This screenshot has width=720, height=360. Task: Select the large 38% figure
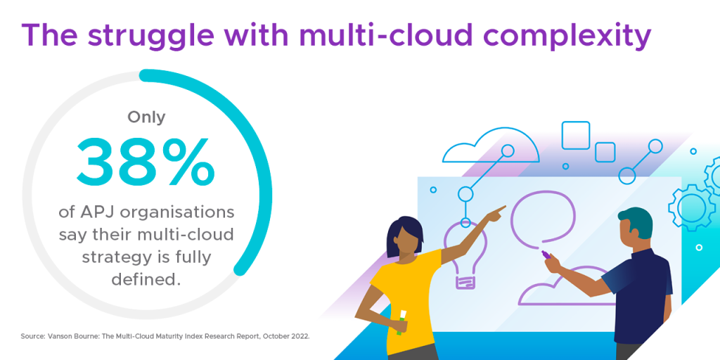[145, 161]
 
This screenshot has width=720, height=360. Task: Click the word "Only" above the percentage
[146, 117]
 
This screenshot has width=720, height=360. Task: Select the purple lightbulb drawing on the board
[465, 254]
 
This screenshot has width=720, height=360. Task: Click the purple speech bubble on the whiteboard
[543, 217]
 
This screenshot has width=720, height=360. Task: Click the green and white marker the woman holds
[402, 321]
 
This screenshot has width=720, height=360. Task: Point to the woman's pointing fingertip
[505, 207]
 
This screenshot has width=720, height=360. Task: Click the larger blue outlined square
[576, 135]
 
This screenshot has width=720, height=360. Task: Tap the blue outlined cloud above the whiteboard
[490, 146]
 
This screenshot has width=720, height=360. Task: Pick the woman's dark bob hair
[404, 235]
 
